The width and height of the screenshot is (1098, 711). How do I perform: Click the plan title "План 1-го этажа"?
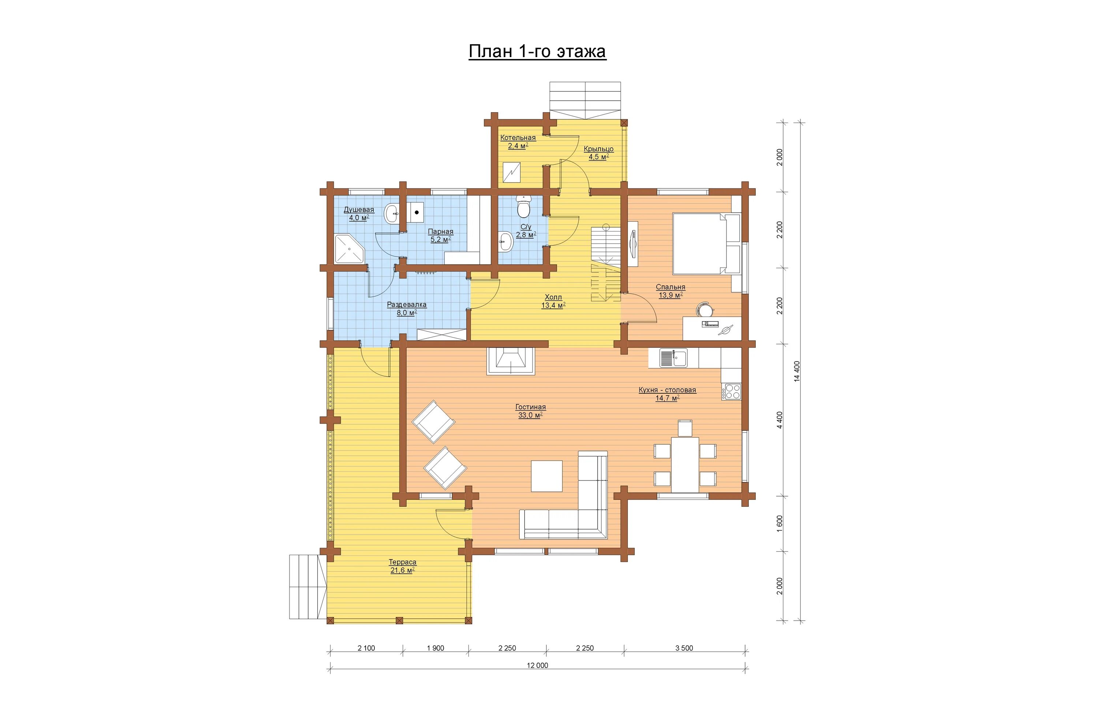coord(537,51)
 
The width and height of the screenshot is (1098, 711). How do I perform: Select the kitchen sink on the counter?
coord(673,358)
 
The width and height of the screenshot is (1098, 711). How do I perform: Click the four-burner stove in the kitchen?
coord(731,392)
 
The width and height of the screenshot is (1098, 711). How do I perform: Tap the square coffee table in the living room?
coord(547,476)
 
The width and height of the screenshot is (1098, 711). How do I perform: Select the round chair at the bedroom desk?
coord(705,308)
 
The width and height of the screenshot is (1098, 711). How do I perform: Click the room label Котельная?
coord(518,138)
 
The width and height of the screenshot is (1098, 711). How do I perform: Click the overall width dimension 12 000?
coord(537,665)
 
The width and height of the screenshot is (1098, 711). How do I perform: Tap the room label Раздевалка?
coord(407,305)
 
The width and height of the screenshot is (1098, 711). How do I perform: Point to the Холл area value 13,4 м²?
coord(553,305)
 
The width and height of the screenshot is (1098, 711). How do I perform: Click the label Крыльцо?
coord(598,149)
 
